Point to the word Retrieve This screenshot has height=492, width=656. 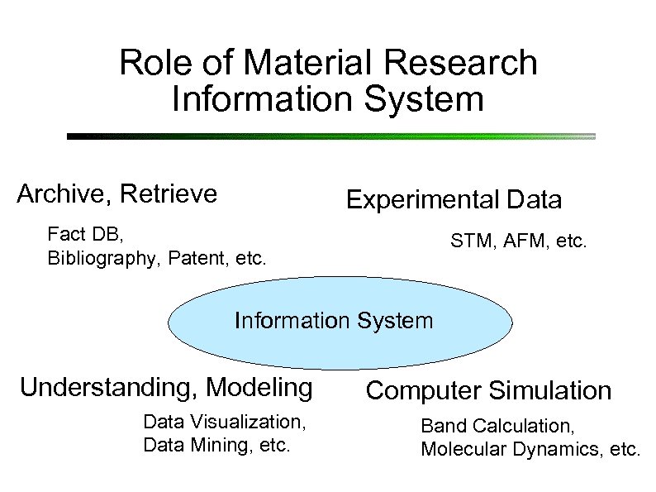[x=169, y=194]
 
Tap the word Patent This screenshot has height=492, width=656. [x=195, y=259]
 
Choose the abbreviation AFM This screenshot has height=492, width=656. [x=519, y=242]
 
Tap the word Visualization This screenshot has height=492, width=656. [x=253, y=423]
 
